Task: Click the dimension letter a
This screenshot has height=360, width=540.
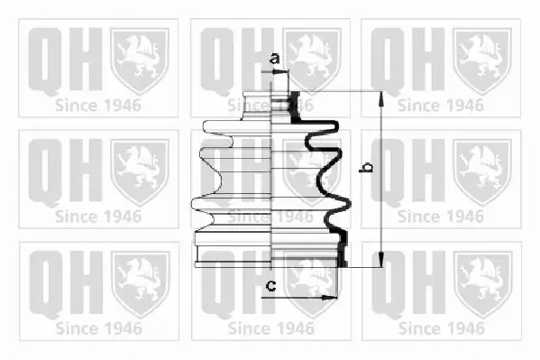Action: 274,59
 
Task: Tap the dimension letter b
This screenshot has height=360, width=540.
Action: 366,167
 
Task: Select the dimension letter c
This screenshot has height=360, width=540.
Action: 271,285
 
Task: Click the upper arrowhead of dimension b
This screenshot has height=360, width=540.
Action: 381,98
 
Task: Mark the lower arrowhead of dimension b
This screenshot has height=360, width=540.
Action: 381,260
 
